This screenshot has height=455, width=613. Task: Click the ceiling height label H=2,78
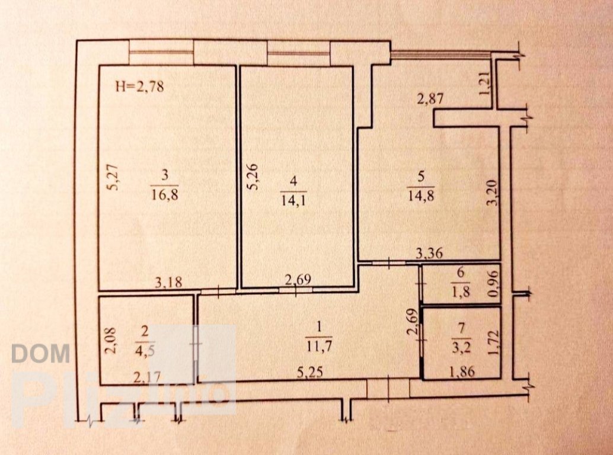click(139, 86)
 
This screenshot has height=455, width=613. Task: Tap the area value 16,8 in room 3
click(165, 194)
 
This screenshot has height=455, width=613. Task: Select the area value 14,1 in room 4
click(293, 200)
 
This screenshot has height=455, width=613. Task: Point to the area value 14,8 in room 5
click(421, 194)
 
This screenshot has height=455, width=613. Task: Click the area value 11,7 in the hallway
click(319, 345)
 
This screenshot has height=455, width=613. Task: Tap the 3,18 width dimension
click(168, 282)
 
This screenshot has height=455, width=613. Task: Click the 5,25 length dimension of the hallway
click(309, 372)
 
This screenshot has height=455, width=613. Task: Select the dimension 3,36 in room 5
click(429, 254)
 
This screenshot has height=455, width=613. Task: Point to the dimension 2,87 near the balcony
click(430, 98)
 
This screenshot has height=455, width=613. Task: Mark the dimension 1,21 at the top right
click(484, 84)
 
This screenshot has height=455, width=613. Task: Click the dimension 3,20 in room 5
click(493, 192)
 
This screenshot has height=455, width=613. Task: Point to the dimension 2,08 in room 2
click(111, 341)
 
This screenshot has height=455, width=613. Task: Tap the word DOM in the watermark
click(41, 354)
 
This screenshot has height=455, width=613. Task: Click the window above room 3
click(161, 52)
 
